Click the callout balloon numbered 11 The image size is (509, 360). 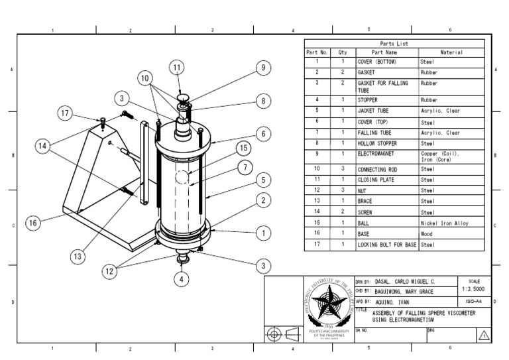pyautogui.click(x=176, y=67)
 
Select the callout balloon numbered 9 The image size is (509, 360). pyautogui.click(x=262, y=67)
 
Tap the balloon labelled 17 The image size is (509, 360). pyautogui.click(x=64, y=113)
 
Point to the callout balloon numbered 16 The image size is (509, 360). pyautogui.click(x=32, y=223)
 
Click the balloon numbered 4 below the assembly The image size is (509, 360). pyautogui.click(x=181, y=279)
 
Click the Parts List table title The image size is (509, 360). pyautogui.click(x=394, y=44)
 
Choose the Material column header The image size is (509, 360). pyautogui.click(x=451, y=52)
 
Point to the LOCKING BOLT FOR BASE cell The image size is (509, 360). pyautogui.click(x=387, y=245)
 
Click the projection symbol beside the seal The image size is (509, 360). pyautogui.click(x=283, y=333)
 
